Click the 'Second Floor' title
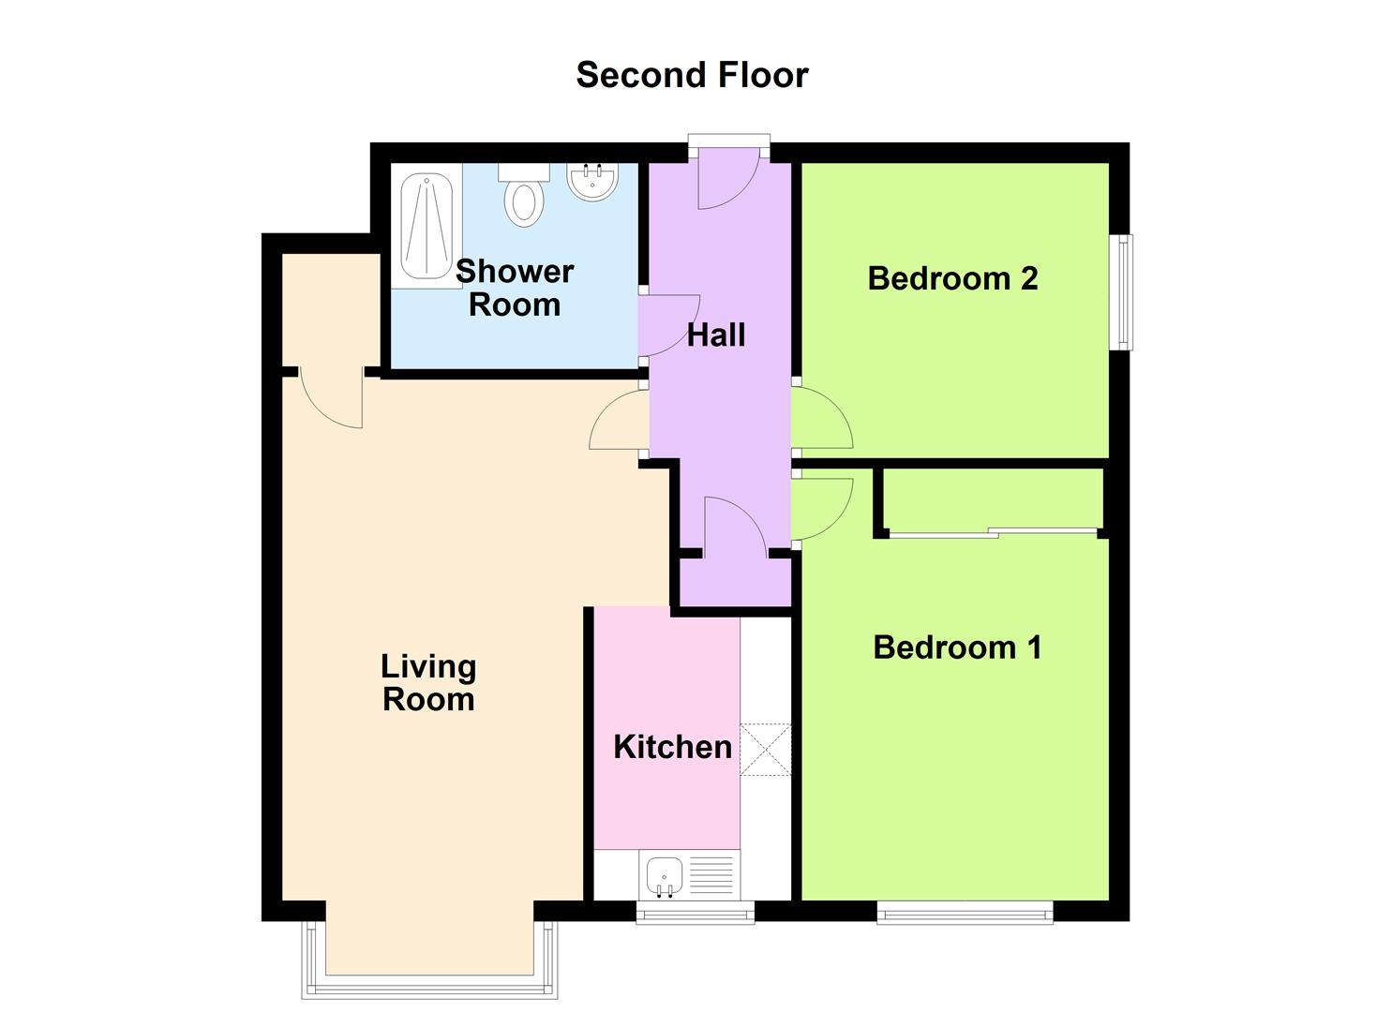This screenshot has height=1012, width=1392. coord(692,75)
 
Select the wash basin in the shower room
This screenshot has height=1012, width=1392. coord(592,181)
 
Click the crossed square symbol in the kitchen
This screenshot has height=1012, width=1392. coord(766,750)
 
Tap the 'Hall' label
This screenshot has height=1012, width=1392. coord(716,335)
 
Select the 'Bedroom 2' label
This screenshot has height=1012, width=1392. coord(952,278)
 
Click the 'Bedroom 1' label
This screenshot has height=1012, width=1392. coord(957,647)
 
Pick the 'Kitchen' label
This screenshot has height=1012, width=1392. coord(672,747)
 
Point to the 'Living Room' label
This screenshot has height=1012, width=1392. coord(428,683)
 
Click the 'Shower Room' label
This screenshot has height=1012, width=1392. coord(515,288)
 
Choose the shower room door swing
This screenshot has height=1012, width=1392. coord(667,325)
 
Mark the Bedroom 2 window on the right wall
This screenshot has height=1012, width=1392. coord(1122,291)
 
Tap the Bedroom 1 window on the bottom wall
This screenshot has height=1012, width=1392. coord(965,911)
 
